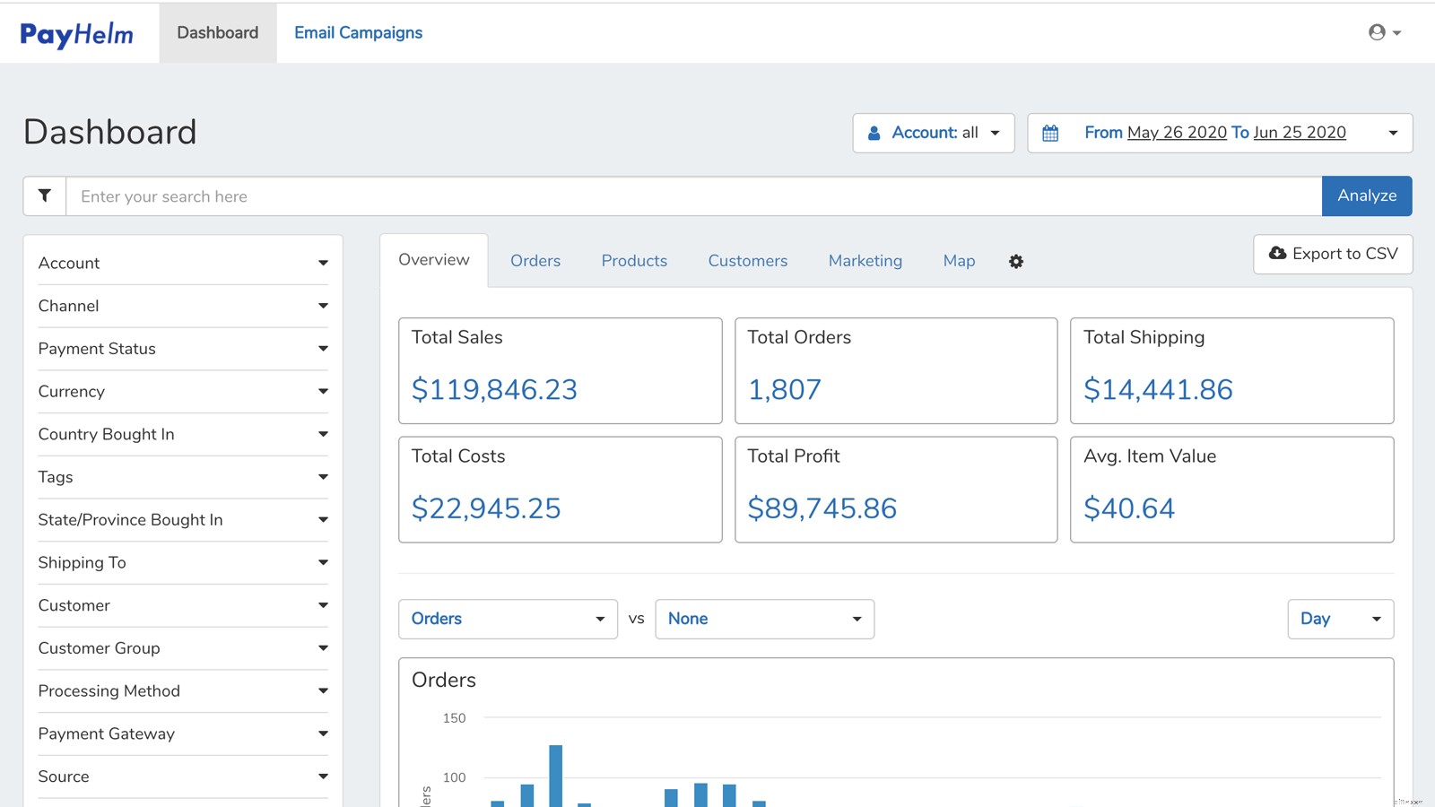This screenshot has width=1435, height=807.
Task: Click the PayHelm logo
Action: (76, 34)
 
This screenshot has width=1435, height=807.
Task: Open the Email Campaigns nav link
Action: (358, 33)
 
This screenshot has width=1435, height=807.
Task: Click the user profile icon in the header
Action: (1377, 33)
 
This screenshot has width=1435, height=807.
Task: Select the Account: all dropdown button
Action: (933, 133)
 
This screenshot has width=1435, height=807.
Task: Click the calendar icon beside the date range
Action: (1050, 134)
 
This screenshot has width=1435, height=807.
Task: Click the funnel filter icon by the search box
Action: (45, 195)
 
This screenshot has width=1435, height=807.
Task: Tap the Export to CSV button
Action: (1333, 254)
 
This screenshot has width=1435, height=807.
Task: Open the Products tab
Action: (634, 261)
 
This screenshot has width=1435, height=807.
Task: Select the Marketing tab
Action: (865, 261)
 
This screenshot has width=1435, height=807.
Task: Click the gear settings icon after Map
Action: (1016, 262)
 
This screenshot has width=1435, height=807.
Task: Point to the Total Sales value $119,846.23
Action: (494, 390)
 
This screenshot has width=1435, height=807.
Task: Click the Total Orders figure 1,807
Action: (784, 390)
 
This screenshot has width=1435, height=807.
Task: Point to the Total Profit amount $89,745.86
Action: (822, 509)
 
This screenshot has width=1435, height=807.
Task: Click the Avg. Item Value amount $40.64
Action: (1128, 509)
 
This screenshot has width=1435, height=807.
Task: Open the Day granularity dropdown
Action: (1340, 619)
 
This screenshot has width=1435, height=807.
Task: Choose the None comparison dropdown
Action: (764, 619)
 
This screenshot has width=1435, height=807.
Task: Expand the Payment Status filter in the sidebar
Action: (183, 349)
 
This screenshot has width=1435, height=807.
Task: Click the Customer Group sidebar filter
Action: (183, 648)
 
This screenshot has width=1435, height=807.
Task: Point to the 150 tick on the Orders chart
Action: (454, 718)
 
